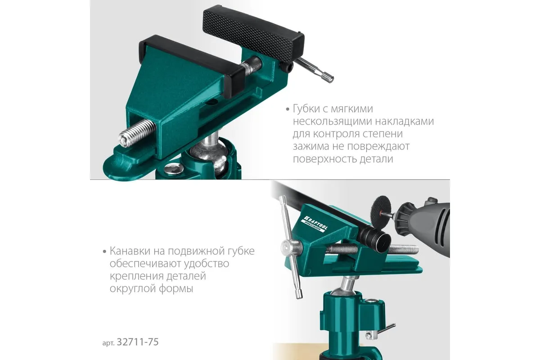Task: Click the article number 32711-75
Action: pos(138,342)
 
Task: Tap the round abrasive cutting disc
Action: pos(381,210)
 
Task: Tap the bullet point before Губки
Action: pos(288,109)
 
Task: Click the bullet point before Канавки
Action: pos(104,252)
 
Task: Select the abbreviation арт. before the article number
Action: pos(108,343)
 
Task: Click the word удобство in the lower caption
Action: pos(207,264)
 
